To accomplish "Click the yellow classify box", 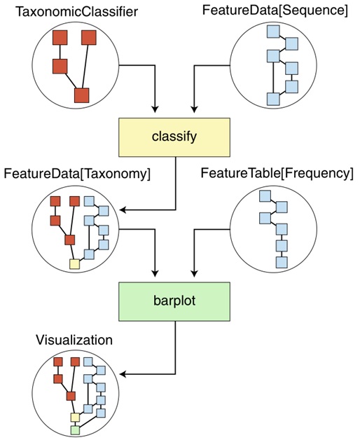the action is pyautogui.click(x=174, y=137).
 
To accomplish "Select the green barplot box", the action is pyautogui.click(x=174, y=301).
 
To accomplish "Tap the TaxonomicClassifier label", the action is pyautogui.click(x=76, y=12).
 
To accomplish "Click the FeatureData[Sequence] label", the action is pyautogui.click(x=275, y=11).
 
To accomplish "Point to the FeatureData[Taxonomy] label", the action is pyautogui.click(x=77, y=174).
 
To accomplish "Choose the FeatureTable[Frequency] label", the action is pyautogui.click(x=277, y=174).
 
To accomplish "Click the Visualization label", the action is pyautogui.click(x=74, y=340).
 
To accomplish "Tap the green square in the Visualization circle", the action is pyautogui.click(x=75, y=430).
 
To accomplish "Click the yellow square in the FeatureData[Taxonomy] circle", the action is pyautogui.click(x=75, y=264).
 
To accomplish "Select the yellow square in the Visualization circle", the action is pyautogui.click(x=75, y=418).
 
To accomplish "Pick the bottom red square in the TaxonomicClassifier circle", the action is pyautogui.click(x=82, y=95).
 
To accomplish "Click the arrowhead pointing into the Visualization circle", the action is pyautogui.click(x=123, y=374).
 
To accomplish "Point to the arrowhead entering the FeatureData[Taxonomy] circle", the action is pyautogui.click(x=123, y=209).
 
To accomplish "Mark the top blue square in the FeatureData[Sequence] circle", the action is pyautogui.click(x=273, y=32).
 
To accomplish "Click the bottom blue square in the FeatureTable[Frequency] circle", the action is pyautogui.click(x=282, y=262).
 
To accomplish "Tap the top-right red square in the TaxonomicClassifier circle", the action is pyautogui.click(x=89, y=38).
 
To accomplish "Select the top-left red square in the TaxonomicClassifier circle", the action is pyautogui.click(x=60, y=38).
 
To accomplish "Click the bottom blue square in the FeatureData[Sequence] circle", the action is pyautogui.click(x=273, y=99).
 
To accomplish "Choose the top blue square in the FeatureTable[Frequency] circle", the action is pyautogui.click(x=265, y=196).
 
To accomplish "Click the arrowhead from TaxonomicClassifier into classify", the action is pyautogui.click(x=155, y=109).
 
